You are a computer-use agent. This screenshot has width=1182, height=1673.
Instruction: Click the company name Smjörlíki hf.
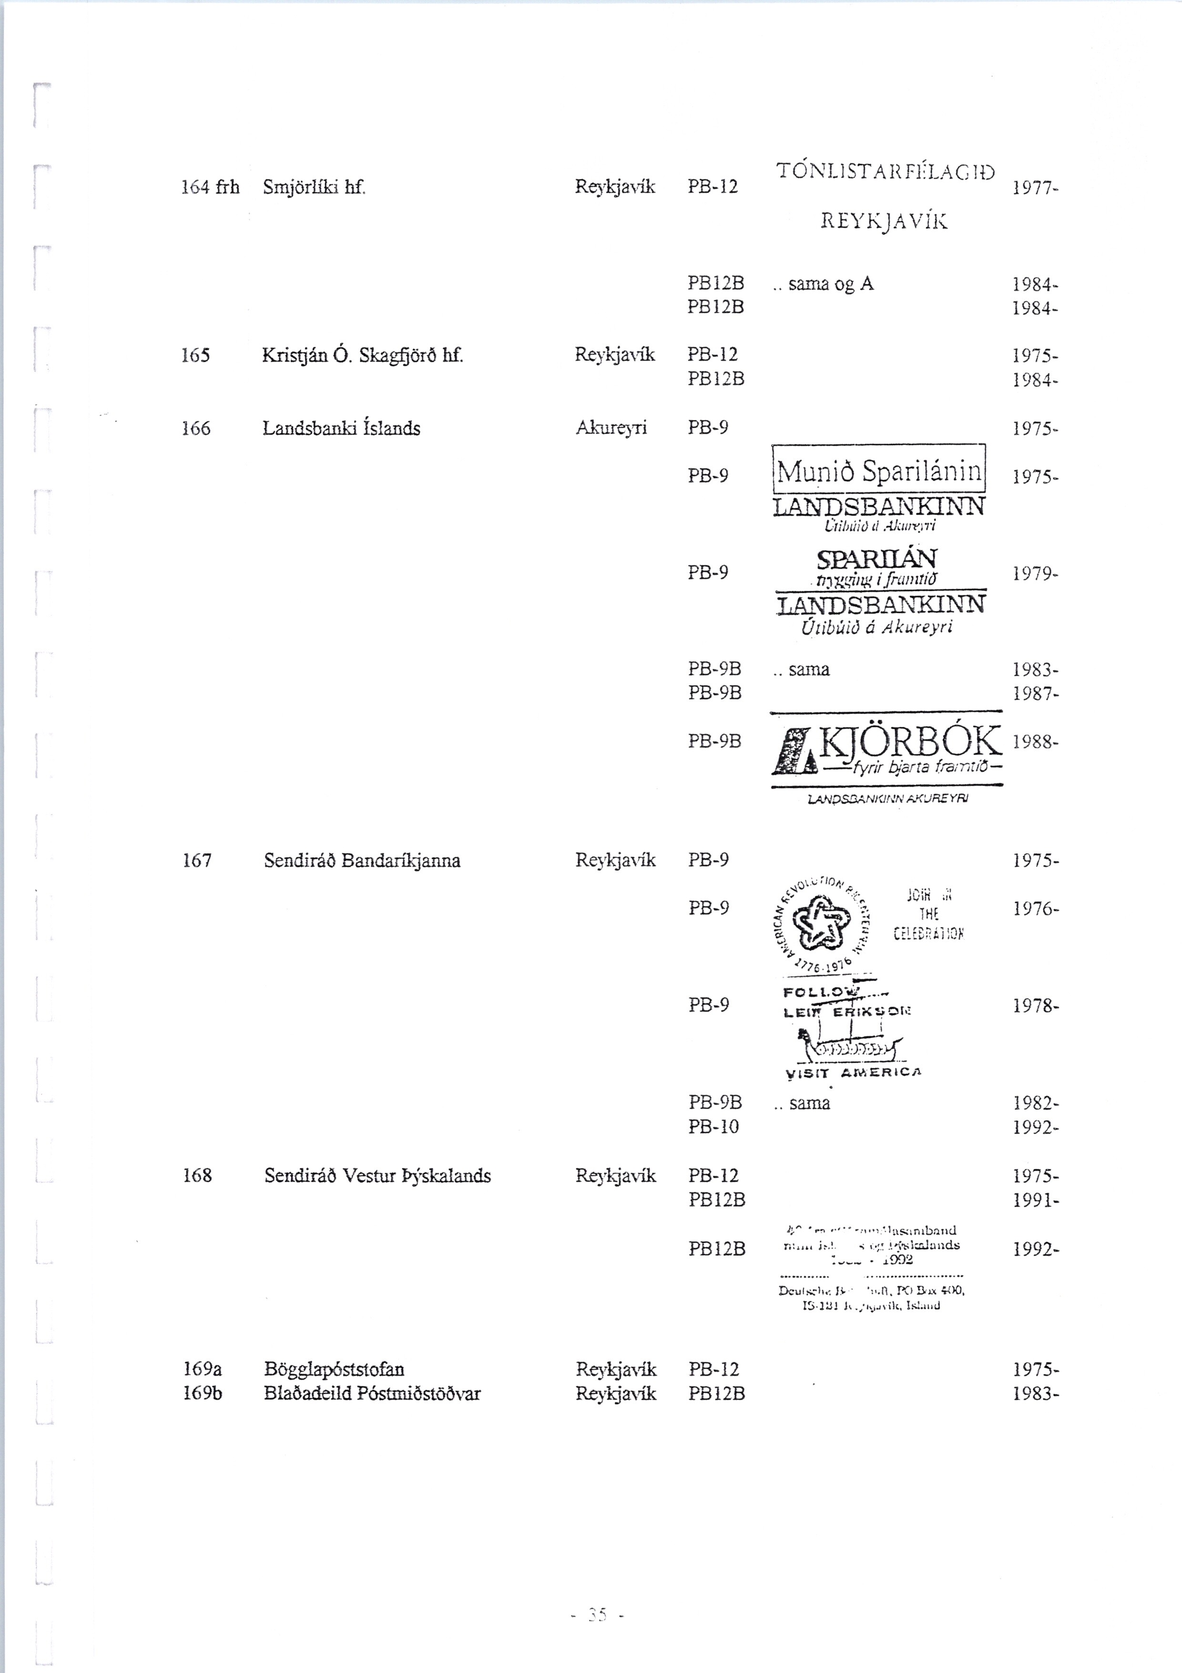[x=313, y=188]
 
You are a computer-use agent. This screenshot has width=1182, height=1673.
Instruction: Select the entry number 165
[x=195, y=356]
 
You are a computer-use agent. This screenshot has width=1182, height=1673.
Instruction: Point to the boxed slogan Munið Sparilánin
[x=879, y=472]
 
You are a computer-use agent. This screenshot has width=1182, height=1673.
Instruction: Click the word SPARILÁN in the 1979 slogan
[x=877, y=559]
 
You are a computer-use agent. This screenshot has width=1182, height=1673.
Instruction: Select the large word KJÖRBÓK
[x=910, y=743]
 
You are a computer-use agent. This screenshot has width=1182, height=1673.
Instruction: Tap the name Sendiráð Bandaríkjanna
[x=362, y=860]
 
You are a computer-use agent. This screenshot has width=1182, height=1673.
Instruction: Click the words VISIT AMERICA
[x=854, y=1074]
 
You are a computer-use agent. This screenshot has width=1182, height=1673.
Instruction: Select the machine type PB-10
[x=713, y=1127]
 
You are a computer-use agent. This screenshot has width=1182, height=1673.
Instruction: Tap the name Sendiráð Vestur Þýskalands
[x=377, y=1176]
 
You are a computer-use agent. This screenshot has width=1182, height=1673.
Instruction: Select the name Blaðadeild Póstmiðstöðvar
[x=372, y=1394]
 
